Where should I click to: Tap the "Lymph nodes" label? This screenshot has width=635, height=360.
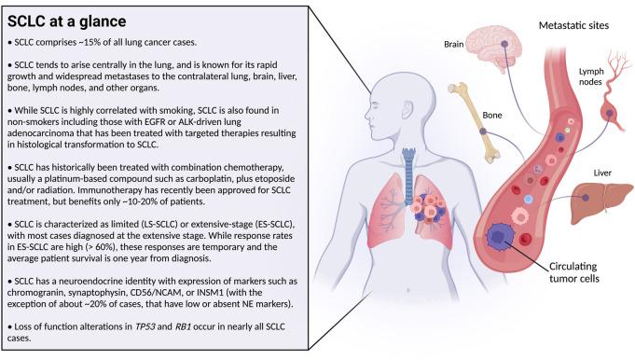click(x=590, y=76)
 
